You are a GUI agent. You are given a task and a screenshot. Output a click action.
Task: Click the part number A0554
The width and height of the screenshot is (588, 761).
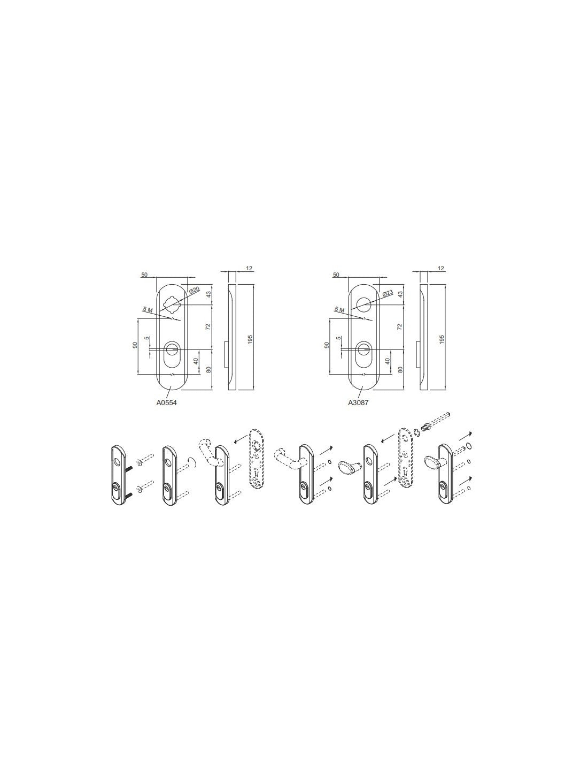point(166,403)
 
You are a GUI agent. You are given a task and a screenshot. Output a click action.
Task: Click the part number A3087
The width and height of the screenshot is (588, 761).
point(358,403)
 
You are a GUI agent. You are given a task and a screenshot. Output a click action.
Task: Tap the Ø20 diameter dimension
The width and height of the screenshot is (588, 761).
point(194,290)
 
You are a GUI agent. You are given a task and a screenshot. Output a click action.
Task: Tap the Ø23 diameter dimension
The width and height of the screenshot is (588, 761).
point(388,293)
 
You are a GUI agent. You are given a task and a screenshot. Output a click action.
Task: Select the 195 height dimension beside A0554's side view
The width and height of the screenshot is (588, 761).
point(250,339)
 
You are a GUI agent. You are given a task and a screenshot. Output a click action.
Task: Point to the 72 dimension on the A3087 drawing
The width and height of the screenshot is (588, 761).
point(400,327)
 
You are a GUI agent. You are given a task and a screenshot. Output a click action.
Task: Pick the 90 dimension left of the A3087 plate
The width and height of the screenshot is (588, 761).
point(327,345)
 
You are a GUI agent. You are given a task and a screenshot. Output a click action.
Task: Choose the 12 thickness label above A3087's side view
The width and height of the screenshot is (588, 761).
point(441,269)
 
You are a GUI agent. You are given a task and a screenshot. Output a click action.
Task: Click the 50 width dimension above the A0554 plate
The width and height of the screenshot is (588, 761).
point(144,275)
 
